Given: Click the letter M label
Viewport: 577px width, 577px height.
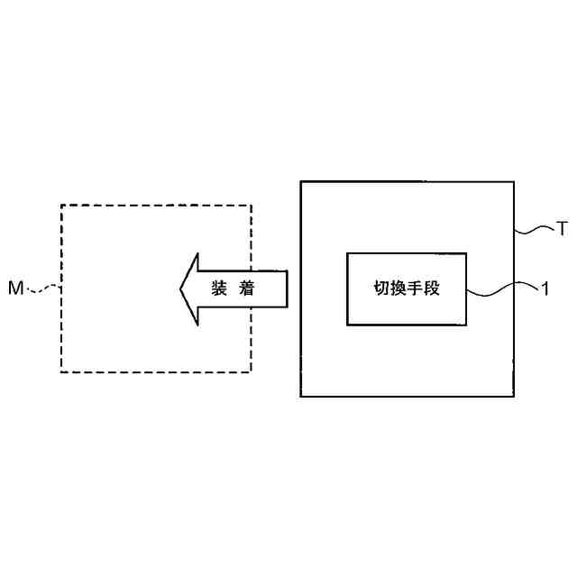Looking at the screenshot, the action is [x=15, y=288].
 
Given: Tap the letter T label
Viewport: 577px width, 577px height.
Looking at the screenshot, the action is [x=561, y=230].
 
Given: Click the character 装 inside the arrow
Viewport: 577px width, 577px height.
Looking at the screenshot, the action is [x=219, y=288].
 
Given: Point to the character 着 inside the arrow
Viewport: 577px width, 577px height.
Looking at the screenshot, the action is [x=248, y=288].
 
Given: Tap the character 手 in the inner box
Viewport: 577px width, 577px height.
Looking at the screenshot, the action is [x=416, y=289].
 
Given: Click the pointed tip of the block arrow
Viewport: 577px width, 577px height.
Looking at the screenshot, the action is [x=180, y=288].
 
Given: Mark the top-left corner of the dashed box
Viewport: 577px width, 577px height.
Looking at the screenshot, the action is [x=60, y=206].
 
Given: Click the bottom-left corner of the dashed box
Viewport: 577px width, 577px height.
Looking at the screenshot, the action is [x=60, y=371].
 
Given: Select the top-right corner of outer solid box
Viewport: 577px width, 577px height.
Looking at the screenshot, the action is [x=514, y=181].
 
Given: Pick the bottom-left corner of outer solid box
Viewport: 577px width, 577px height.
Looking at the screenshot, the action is [x=300, y=397].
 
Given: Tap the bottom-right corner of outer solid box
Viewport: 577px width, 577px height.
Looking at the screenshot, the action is [x=514, y=397].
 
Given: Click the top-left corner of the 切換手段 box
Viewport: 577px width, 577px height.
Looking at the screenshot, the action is [x=347, y=253].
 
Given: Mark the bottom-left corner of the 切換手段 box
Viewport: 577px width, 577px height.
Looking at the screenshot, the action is [x=347, y=325].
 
